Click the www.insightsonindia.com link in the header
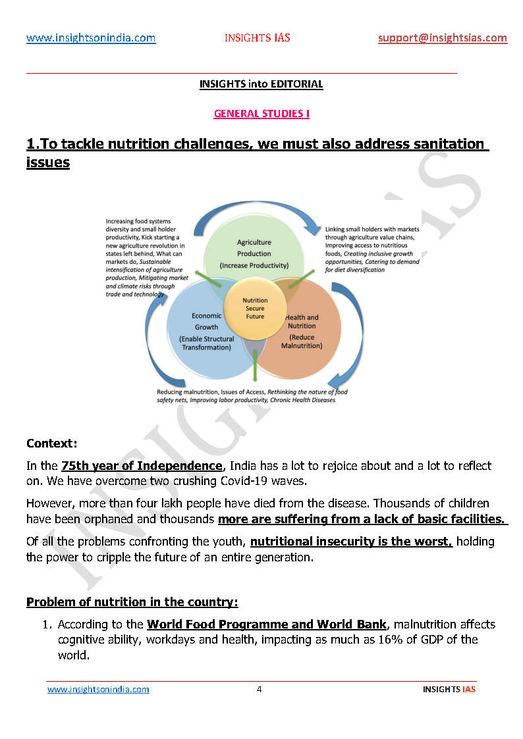(91, 38)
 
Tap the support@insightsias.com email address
(443, 38)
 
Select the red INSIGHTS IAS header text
(257, 38)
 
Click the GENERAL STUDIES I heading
(261, 114)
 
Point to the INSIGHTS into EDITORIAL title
(261, 84)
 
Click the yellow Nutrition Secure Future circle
(255, 308)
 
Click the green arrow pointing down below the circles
(255, 369)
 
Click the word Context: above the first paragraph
(52, 443)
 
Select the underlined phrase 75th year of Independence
(142, 466)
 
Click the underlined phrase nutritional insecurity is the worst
(351, 542)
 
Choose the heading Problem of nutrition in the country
(132, 602)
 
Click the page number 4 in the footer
(259, 690)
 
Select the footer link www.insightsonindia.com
(98, 690)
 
